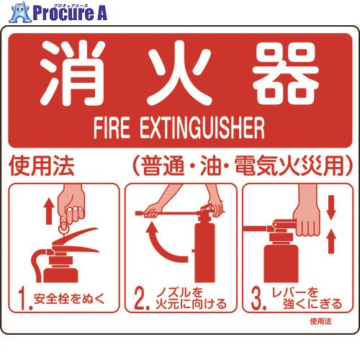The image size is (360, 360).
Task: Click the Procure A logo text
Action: (70, 12)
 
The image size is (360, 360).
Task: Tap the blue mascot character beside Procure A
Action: (20, 12)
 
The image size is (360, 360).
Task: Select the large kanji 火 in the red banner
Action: (180, 73)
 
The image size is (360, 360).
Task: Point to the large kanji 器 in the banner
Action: (287, 73)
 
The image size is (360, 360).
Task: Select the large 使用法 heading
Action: (42, 166)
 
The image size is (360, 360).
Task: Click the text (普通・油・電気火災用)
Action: (243, 166)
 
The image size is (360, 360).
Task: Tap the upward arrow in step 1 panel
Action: (49, 211)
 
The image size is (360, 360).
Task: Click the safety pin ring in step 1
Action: (64, 228)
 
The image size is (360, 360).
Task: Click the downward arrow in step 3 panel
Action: (331, 207)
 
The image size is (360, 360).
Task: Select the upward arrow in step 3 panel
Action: (331, 241)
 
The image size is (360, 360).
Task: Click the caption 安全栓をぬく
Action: (70, 299)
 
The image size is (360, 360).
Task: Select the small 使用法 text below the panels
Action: (320, 321)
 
